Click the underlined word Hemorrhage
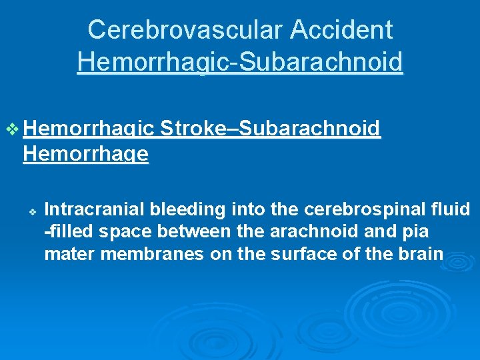pos(85,155)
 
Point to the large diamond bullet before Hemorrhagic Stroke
pos(12,129)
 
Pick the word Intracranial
pos(95,210)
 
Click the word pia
pos(415,233)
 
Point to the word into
pos(249,210)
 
